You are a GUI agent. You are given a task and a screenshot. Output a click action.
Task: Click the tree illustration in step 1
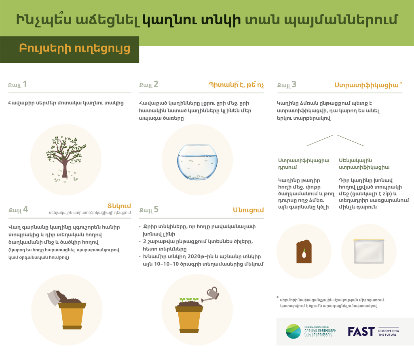tap(66, 159)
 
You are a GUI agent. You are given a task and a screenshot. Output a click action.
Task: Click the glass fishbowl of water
tap(197, 162)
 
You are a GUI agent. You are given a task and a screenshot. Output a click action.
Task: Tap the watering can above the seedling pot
tap(211, 294)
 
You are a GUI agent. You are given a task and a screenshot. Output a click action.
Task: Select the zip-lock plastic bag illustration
tap(369, 251)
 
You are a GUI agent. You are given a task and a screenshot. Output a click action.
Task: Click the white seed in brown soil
tap(304, 254)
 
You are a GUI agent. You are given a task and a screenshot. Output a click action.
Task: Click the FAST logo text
tap(361, 331)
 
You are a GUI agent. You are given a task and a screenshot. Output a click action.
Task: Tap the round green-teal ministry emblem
tap(294, 331)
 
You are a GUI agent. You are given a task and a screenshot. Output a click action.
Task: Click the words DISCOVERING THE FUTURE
tap(389, 332)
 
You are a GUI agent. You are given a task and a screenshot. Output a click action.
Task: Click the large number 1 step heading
tap(25, 84)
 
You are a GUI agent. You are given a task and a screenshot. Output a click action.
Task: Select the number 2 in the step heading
tap(156, 84)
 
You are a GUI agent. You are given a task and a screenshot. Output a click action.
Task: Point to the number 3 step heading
tap(294, 84)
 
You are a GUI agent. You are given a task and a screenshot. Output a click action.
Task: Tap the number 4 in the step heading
tap(25, 209)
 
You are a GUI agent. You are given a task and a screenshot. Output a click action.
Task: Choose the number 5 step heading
tap(156, 209)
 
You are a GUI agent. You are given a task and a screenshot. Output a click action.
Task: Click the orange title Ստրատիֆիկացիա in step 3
tap(366, 85)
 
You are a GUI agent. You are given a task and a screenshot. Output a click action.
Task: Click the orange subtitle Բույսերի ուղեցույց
tap(74, 49)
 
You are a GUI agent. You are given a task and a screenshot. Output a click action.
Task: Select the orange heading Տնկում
tap(119, 206)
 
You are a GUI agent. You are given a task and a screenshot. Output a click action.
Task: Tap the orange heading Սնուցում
tap(249, 210)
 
